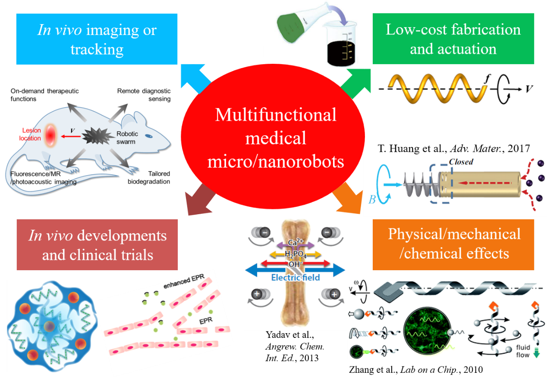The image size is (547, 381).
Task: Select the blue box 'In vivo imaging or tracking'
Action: (x=97, y=39)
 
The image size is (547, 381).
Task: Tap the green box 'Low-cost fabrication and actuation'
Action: (x=453, y=39)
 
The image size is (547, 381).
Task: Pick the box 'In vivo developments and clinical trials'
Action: (x=97, y=245)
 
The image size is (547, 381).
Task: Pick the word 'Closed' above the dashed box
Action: (x=461, y=162)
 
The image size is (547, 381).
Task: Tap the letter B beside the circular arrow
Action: (x=373, y=200)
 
